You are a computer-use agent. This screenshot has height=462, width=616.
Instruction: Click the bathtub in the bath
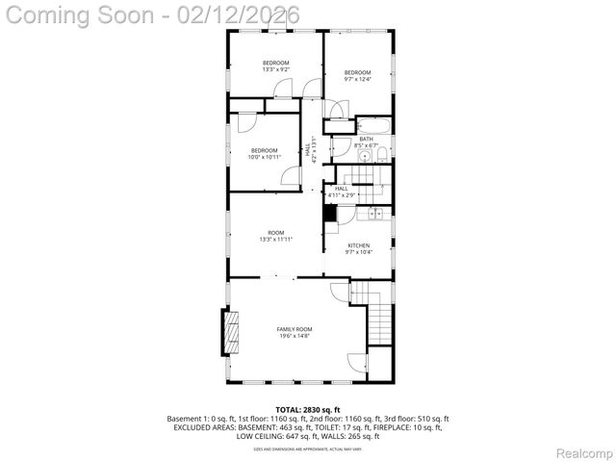pyautogui.click(x=373, y=125)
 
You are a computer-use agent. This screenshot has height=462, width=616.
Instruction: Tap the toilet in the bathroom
pyautogui.click(x=382, y=155)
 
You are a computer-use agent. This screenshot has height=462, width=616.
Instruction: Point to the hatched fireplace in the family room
pyautogui.click(x=231, y=332)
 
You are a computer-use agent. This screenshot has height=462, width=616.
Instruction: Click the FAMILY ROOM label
pyautogui.click(x=295, y=329)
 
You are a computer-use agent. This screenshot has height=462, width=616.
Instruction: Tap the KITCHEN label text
pyautogui.click(x=358, y=245)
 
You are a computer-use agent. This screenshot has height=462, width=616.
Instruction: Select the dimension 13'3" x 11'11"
pyautogui.click(x=276, y=239)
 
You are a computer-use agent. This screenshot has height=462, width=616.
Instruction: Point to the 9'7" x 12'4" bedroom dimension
pyautogui.click(x=358, y=80)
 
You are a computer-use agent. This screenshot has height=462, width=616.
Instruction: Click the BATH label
pyautogui.click(x=366, y=139)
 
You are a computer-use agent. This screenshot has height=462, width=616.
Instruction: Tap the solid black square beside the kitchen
pyautogui.click(x=330, y=215)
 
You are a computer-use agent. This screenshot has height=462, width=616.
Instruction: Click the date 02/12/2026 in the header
pyautogui.click(x=236, y=15)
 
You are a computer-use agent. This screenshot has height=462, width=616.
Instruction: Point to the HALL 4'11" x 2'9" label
pyautogui.click(x=342, y=192)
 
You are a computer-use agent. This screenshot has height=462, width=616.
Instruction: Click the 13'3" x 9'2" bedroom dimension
pyautogui.click(x=276, y=69)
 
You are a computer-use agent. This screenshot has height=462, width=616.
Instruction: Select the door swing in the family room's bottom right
pyautogui.click(x=357, y=363)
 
